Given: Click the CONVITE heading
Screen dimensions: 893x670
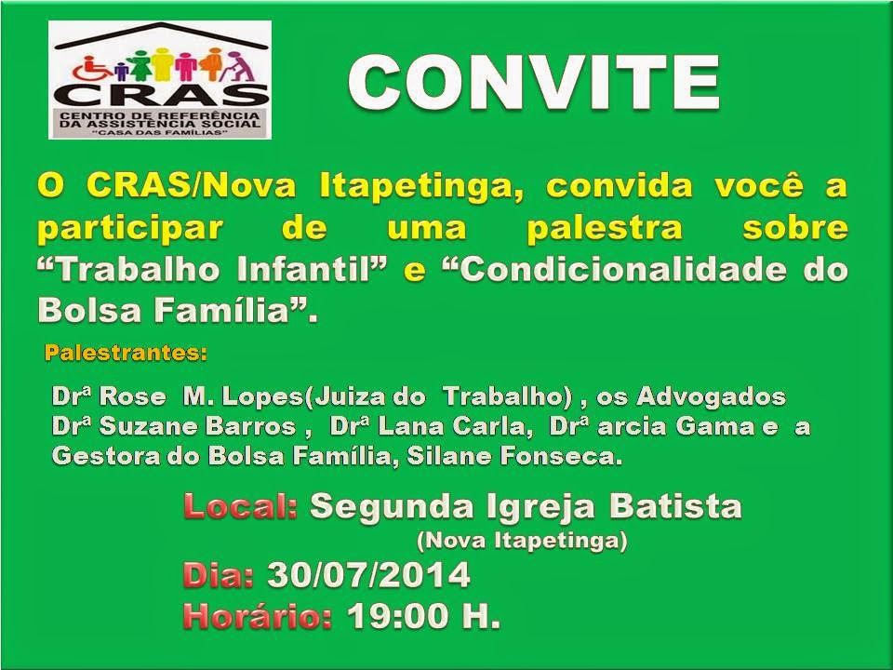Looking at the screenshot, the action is coord(534,82).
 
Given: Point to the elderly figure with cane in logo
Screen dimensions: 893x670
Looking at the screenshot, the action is coord(241,65).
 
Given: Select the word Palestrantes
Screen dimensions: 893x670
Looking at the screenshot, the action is coord(126,353).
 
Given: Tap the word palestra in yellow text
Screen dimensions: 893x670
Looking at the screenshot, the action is coord(605,229).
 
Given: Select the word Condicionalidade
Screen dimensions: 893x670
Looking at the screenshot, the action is coord(616,270).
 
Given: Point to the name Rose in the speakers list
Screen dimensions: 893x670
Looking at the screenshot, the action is coord(132,396).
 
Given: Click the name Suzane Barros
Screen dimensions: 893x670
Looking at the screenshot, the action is coord(197,427).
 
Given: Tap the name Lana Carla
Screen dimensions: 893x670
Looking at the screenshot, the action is coord(455,427).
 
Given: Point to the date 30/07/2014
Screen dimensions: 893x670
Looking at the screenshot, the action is coord(368,575).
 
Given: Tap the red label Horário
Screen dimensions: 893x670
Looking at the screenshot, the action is coord(258,616).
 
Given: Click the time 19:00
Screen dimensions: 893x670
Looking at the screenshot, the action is coord(400,616).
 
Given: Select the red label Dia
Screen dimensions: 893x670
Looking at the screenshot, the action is coord(218,575).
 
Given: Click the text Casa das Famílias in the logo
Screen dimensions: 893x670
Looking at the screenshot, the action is coord(160,133).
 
